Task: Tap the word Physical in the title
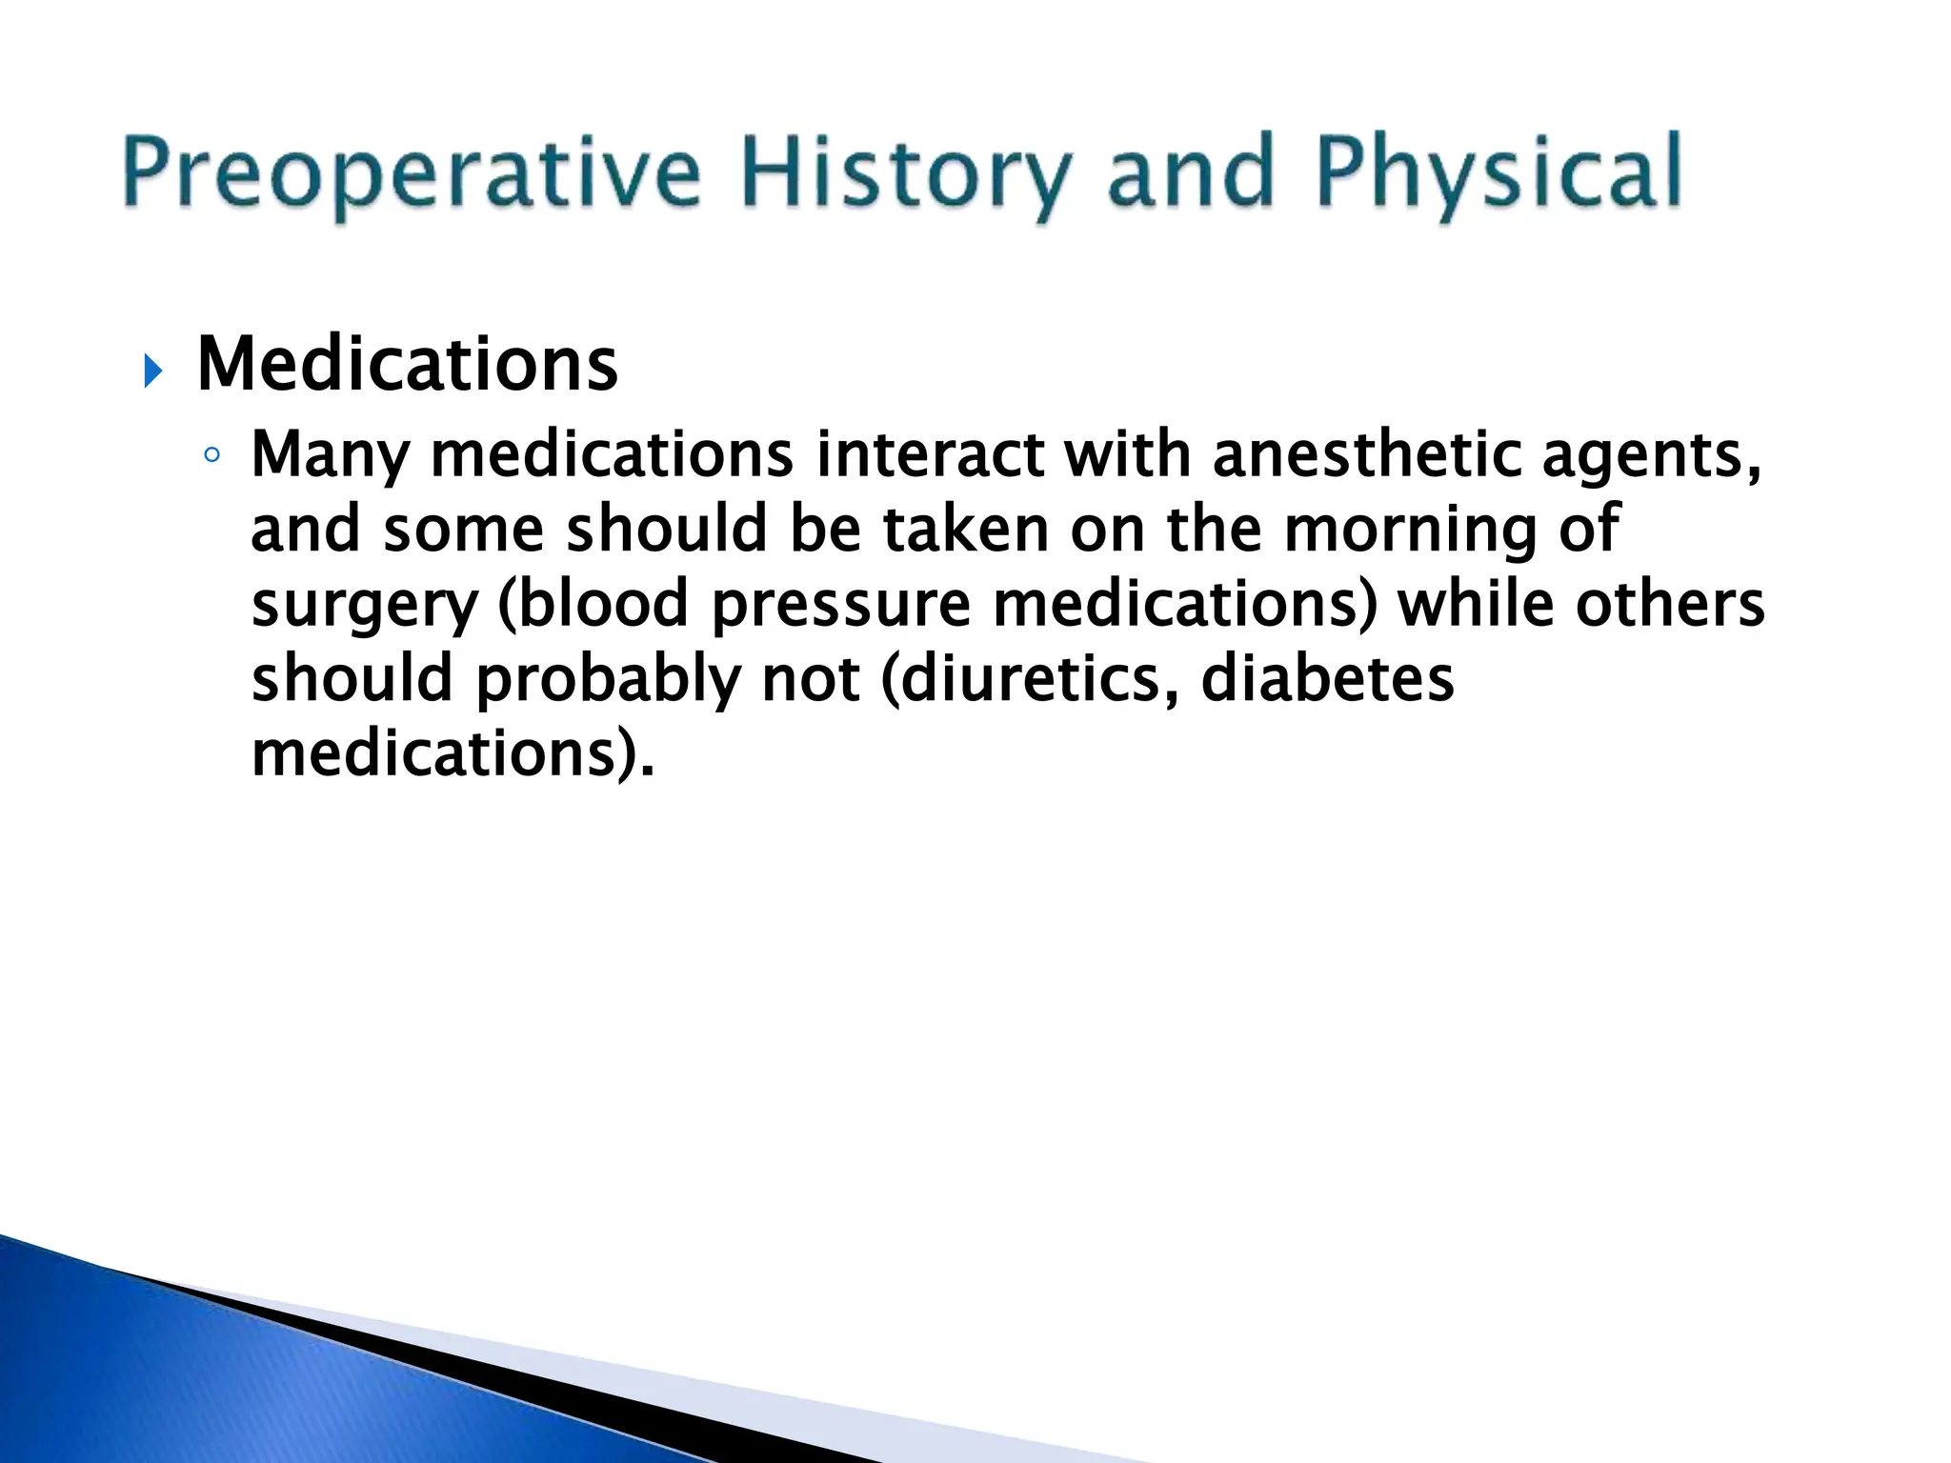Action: pyautogui.click(x=1499, y=174)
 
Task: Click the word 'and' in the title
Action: pyautogui.click(x=1191, y=174)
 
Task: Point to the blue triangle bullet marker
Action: pyautogui.click(x=152, y=371)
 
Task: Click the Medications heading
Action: pyautogui.click(x=408, y=365)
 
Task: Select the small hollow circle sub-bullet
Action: pyautogui.click(x=211, y=455)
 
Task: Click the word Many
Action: pyautogui.click(x=330, y=455)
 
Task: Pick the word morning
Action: pyautogui.click(x=1410, y=531)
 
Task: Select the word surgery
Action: pyautogui.click(x=364, y=607)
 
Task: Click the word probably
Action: pyautogui.click(x=608, y=681)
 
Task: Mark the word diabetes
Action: pyautogui.click(x=1328, y=679)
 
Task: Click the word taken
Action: pyautogui.click(x=965, y=529)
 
